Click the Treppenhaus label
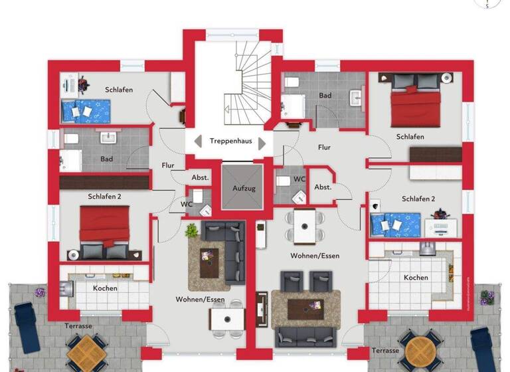click(x=230, y=141)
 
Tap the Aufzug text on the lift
click(x=243, y=189)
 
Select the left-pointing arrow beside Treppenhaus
click(x=198, y=141)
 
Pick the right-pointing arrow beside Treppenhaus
click(x=262, y=142)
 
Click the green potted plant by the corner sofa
click(x=192, y=231)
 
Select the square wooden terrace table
click(x=84, y=351)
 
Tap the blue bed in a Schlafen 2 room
click(x=396, y=225)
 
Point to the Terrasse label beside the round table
click(x=385, y=350)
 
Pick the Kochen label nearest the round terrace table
click(x=416, y=277)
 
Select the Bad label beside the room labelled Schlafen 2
click(x=106, y=159)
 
